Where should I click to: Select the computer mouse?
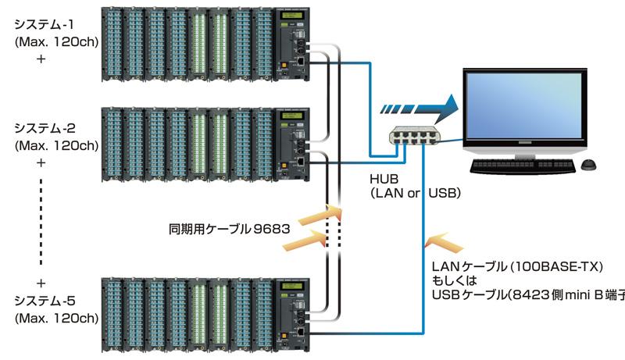click(590, 165)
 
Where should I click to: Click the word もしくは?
click(459, 280)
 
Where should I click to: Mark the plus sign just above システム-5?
click(41, 283)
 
